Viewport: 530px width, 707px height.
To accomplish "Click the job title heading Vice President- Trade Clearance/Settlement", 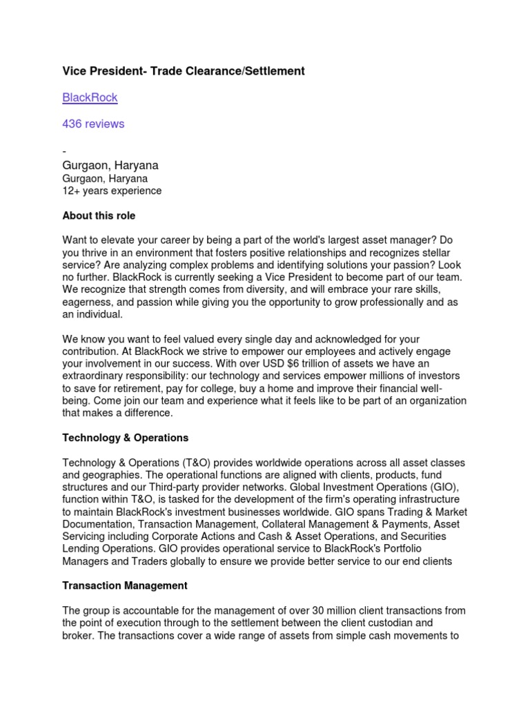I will coord(184,71).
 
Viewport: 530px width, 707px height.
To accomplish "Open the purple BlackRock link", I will coord(90,97).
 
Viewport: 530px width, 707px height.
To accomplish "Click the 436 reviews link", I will coord(93,124).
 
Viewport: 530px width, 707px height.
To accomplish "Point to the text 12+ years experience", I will coord(112,191).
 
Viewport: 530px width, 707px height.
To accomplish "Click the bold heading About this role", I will coord(99,216).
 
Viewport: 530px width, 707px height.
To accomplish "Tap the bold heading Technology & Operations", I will coord(125,438).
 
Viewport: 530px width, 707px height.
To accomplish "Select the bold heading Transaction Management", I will coord(125,585).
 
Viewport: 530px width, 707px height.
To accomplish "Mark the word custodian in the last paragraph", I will coord(419,623).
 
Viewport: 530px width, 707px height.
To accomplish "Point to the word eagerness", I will coord(88,302).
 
